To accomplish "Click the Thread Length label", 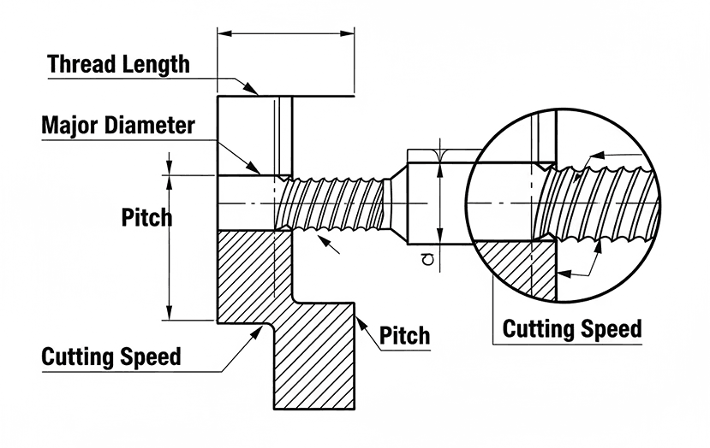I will [118, 64].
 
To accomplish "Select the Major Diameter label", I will [118, 126].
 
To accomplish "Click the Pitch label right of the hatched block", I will [404, 334].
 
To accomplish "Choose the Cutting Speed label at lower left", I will [111, 357].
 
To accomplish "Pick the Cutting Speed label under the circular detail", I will [571, 328].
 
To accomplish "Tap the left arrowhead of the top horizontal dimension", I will [223, 33].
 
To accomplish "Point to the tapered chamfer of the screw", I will [396, 203].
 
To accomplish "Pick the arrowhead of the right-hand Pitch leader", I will [359, 320].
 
